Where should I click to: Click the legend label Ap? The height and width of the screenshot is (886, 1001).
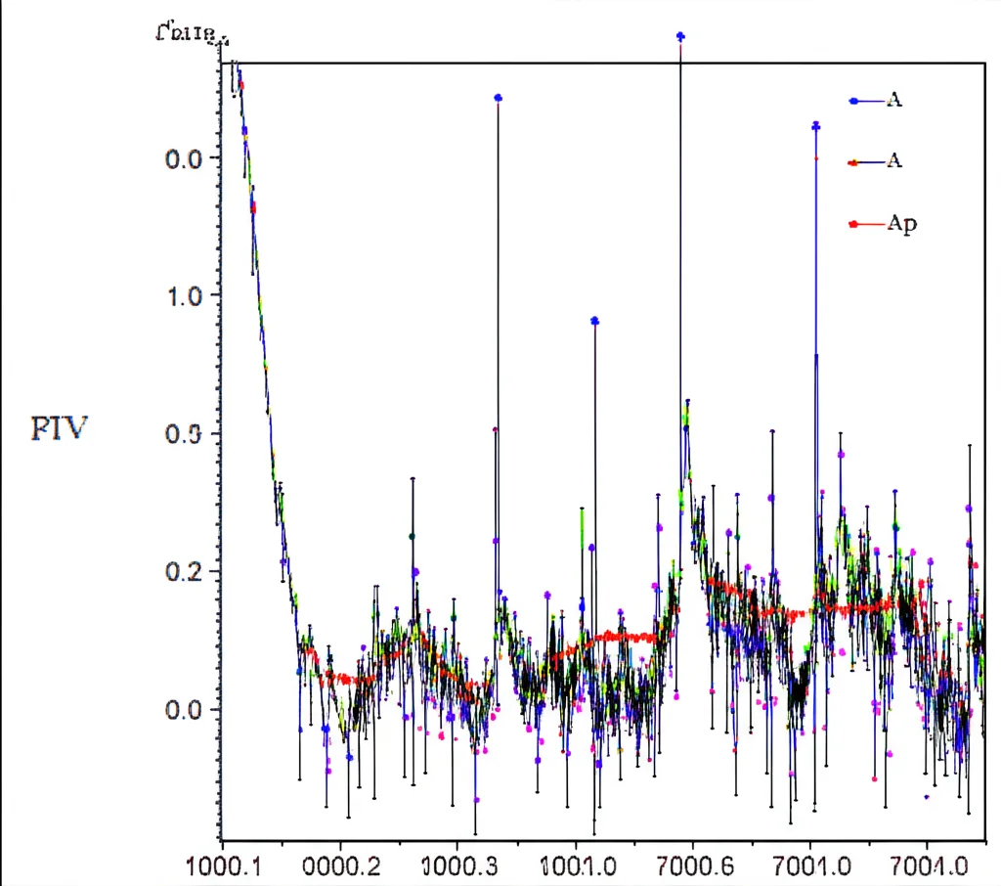pyautogui.click(x=902, y=224)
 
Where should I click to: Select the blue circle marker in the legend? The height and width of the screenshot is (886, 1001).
pyautogui.click(x=854, y=100)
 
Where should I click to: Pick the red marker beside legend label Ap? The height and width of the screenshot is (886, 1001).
pyautogui.click(x=854, y=224)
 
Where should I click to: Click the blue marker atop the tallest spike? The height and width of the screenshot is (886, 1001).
pyautogui.click(x=680, y=36)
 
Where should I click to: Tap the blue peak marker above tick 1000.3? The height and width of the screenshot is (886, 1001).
pyautogui.click(x=498, y=98)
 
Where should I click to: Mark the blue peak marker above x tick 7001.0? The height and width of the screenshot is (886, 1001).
pyautogui.click(x=815, y=126)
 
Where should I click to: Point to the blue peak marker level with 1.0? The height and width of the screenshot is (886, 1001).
pyautogui.click(x=594, y=321)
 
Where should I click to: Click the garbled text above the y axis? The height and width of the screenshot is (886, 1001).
pyautogui.click(x=192, y=35)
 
